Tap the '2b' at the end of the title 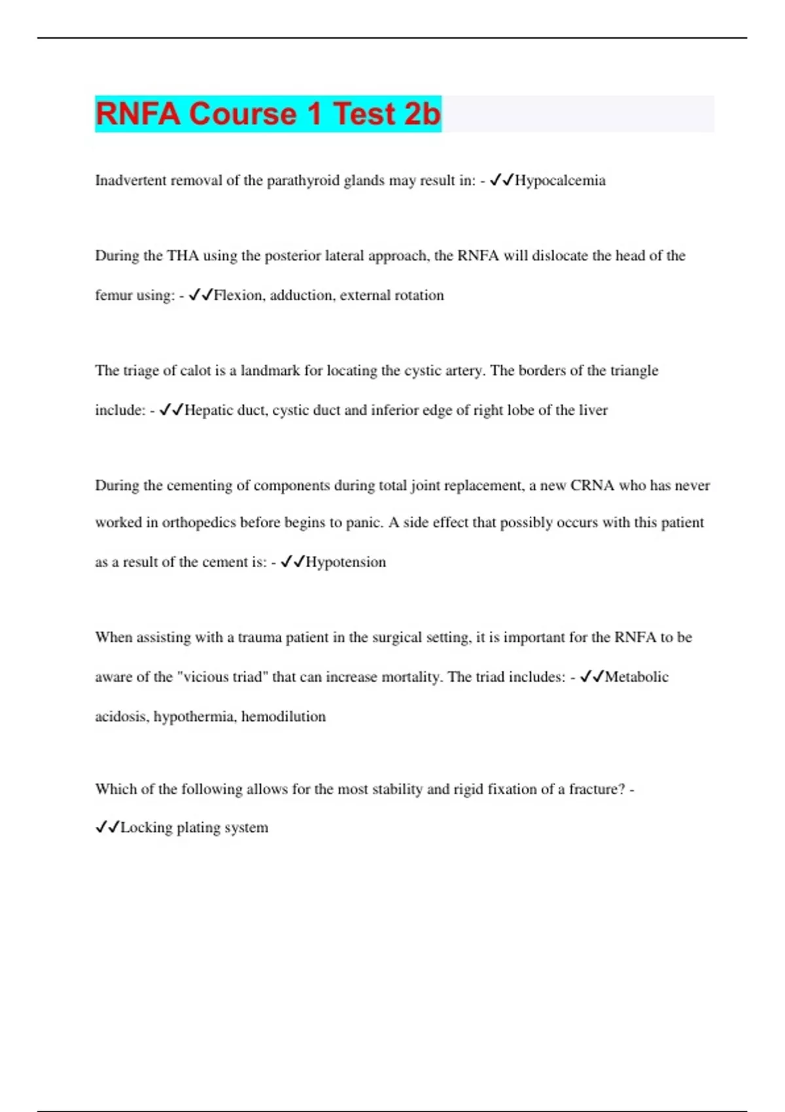pos(422,114)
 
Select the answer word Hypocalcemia pos(560,181)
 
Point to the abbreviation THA pos(183,256)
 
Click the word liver pos(593,410)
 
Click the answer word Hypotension pos(345,562)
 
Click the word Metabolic pos(637,677)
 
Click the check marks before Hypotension pos(292,562)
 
